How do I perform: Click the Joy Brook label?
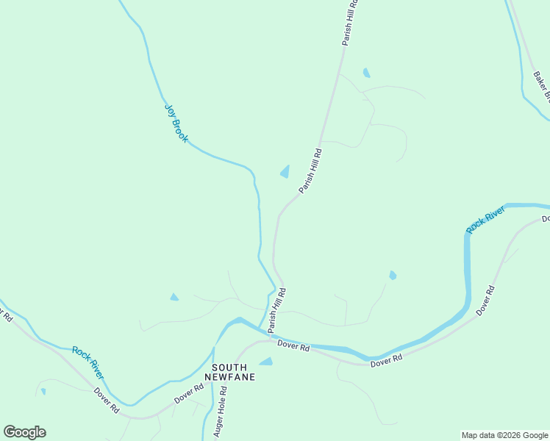tap(176, 122)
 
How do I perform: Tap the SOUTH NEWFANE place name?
tap(233, 372)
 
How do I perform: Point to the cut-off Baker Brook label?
tap(541, 85)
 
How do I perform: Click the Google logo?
tap(24, 431)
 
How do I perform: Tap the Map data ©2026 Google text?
tap(505, 435)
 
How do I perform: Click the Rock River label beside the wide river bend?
tap(485, 220)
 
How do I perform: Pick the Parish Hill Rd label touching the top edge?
tap(350, 22)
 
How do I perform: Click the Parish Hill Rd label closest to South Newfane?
tap(276, 308)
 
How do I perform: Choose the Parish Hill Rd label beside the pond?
tap(310, 171)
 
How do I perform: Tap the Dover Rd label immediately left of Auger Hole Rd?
tap(188, 392)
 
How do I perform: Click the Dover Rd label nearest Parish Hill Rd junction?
tap(293, 345)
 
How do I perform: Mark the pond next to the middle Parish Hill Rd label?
tap(285, 172)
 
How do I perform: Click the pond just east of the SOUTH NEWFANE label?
tap(265, 362)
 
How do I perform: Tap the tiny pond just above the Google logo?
tap(43, 392)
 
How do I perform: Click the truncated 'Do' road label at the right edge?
tap(545, 219)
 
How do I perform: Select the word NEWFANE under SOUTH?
tap(233, 377)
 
